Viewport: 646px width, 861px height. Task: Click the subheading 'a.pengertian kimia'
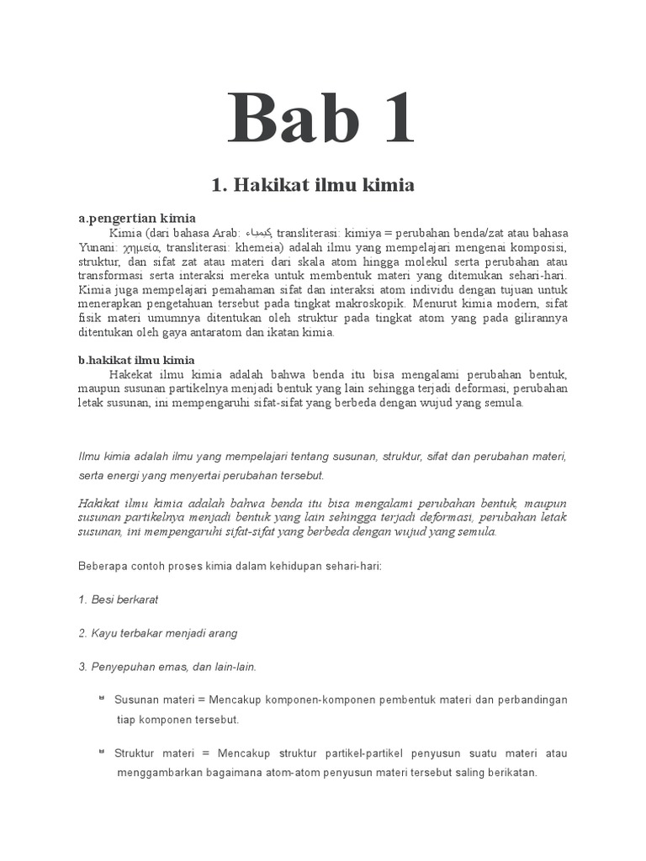pyautogui.click(x=137, y=218)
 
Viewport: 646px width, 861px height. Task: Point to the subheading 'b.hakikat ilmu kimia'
pyautogui.click(x=137, y=359)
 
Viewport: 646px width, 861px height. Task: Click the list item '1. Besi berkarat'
pyautogui.click(x=119, y=600)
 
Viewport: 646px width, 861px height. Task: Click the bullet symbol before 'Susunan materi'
pyautogui.click(x=101, y=698)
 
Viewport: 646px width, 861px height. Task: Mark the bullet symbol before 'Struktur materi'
pyautogui.click(x=101, y=751)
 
